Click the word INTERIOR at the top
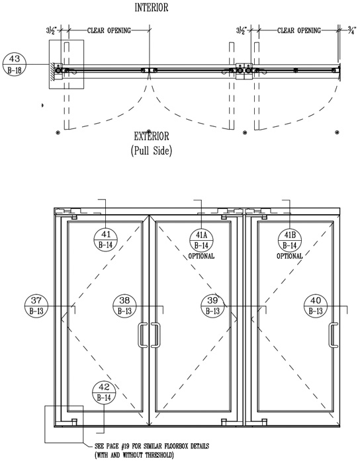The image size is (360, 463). pos(152,7)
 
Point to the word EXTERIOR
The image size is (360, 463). pos(152,136)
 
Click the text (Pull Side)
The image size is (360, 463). pos(152,151)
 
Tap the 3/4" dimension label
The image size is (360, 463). pos(352,30)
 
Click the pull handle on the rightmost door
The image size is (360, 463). pos(334,335)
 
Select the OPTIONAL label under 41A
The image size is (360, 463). pos(201,256)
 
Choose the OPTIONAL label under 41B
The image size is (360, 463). pos(290,256)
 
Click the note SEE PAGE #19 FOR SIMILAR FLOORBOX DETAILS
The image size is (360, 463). pos(152,446)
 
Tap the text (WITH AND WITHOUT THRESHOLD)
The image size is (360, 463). pos(134,455)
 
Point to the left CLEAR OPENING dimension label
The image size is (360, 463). pos(109,30)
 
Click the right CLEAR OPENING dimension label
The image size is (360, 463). pos(299,30)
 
